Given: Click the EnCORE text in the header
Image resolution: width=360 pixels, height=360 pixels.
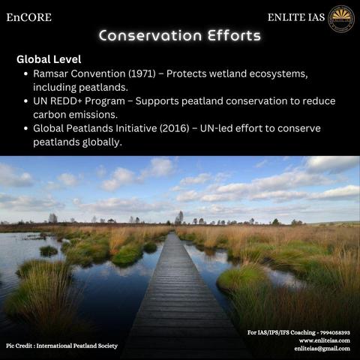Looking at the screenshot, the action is [29, 17].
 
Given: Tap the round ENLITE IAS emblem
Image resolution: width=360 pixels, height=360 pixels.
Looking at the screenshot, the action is [341, 19].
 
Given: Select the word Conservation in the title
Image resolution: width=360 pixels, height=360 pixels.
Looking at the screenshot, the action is [150, 35].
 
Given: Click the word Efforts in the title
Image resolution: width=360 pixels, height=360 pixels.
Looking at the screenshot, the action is [234, 35].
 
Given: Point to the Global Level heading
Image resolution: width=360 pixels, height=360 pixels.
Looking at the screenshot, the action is [49, 59].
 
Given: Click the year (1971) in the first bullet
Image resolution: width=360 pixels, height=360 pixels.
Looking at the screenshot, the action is [142, 73].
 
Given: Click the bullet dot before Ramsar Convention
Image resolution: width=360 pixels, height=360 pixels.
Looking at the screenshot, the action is [25, 73].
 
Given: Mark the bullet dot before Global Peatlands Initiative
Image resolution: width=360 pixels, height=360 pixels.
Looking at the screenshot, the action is [25, 128].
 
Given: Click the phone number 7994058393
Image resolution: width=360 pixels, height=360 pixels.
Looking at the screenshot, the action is [335, 332].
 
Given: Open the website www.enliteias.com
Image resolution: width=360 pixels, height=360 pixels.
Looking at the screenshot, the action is [325, 340].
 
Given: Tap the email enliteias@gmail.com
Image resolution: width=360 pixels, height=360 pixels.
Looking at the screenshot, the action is [322, 349].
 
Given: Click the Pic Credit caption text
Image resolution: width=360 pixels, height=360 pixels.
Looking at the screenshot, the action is [61, 346].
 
